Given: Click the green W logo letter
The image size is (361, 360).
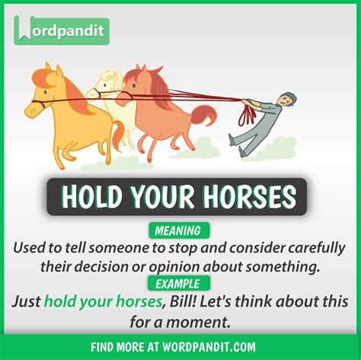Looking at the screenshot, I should coord(24,30).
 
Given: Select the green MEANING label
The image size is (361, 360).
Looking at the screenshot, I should coord(180,231).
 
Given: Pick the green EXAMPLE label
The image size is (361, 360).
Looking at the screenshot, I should coord(180,283).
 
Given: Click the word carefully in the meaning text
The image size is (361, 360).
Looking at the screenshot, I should coord(301,248).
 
